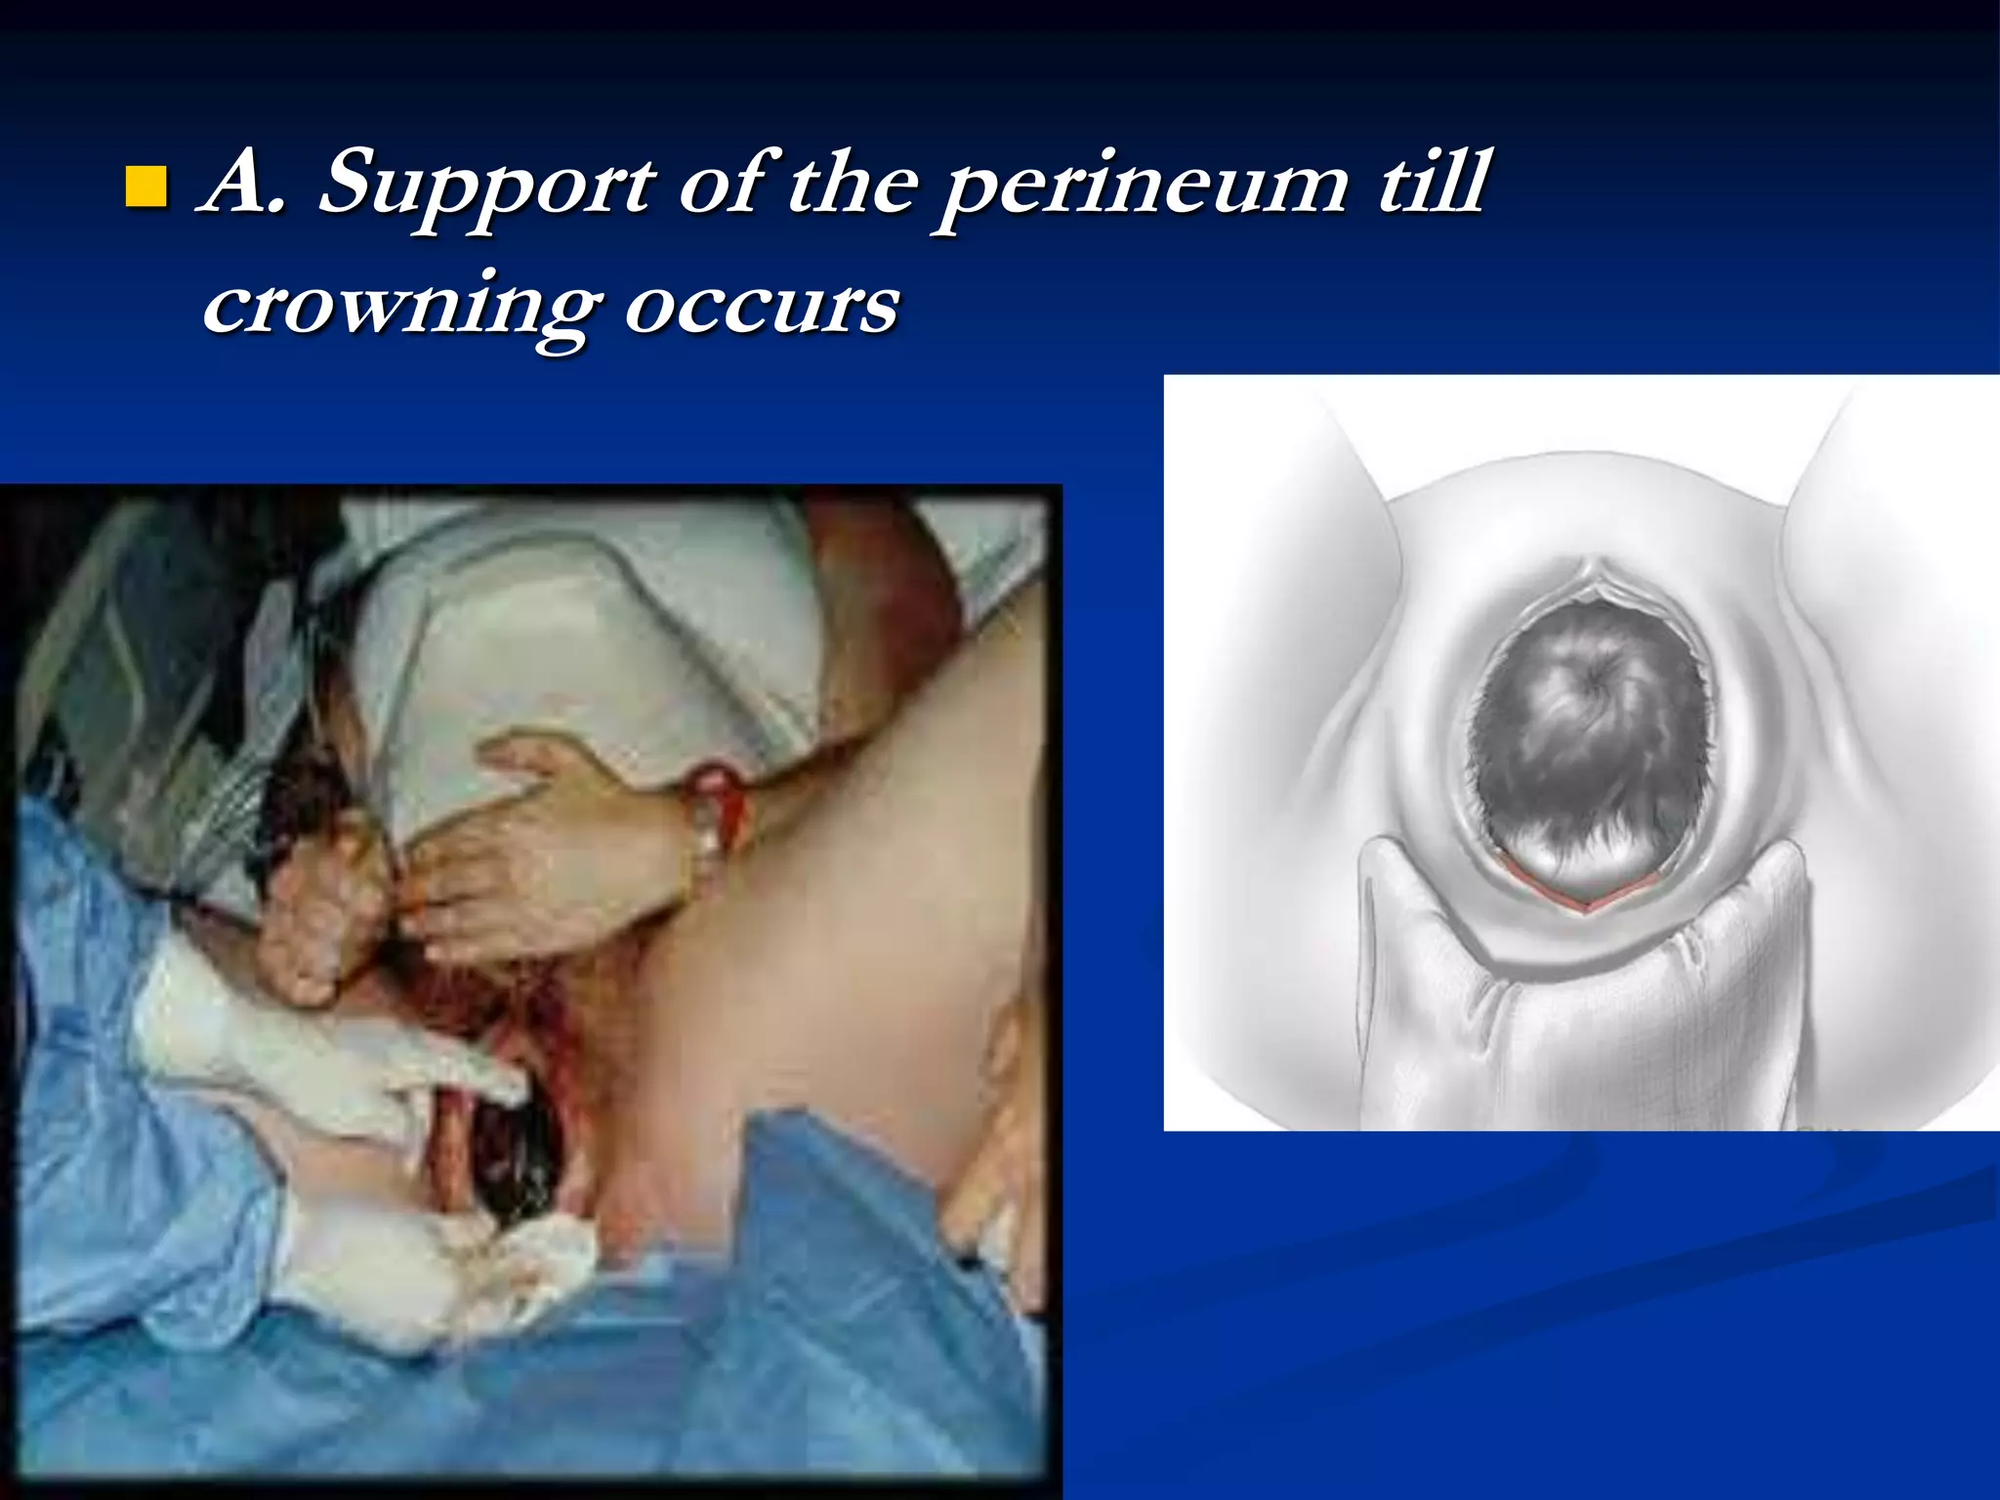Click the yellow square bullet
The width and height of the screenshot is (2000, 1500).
point(146,187)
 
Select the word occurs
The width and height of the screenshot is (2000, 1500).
point(761,307)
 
